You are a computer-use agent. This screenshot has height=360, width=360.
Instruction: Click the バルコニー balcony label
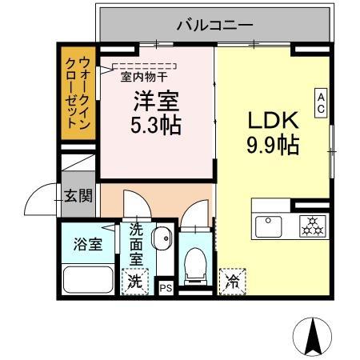coord(215,26)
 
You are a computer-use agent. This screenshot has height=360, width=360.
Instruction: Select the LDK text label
coord(271,121)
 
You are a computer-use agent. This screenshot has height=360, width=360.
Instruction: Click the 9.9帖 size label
coord(272,146)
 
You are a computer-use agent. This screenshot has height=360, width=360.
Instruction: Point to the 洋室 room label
coord(156,101)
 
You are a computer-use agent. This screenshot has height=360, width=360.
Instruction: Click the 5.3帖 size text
coord(156,125)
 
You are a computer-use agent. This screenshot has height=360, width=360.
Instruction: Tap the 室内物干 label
coord(144,78)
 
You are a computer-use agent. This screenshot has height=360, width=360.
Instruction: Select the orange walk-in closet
coord(78,94)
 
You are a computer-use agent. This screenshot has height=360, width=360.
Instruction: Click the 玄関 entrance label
coord(78,194)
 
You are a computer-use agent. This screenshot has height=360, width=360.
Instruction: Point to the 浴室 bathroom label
coord(88,244)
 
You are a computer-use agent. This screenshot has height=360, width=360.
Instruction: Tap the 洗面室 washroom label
coord(137,244)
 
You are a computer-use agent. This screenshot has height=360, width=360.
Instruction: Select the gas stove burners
coord(310,226)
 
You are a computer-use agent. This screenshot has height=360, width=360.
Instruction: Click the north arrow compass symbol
coord(313,335)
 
